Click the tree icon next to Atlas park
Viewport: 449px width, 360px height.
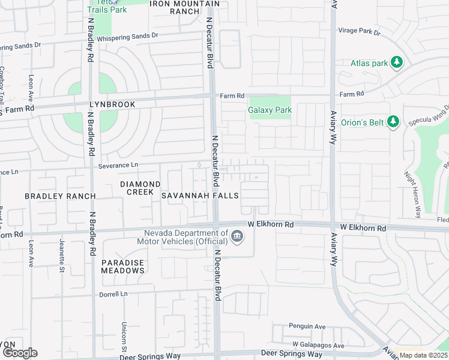coord(396,62)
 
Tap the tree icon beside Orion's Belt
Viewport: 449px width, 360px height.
coord(393,122)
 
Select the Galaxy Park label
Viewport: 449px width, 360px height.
coord(270,110)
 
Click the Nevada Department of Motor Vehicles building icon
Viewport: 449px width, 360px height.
coord(237,238)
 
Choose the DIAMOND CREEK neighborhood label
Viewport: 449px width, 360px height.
coord(140,188)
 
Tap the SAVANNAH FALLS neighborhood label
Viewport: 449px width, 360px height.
coord(200,196)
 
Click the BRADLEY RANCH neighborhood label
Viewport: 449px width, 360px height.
coord(60,196)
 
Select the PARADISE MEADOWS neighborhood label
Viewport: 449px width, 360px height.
coord(122,266)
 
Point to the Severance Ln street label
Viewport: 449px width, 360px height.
coord(118,165)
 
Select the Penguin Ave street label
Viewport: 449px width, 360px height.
coord(307,327)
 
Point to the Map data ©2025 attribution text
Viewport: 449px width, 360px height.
coord(424,355)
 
